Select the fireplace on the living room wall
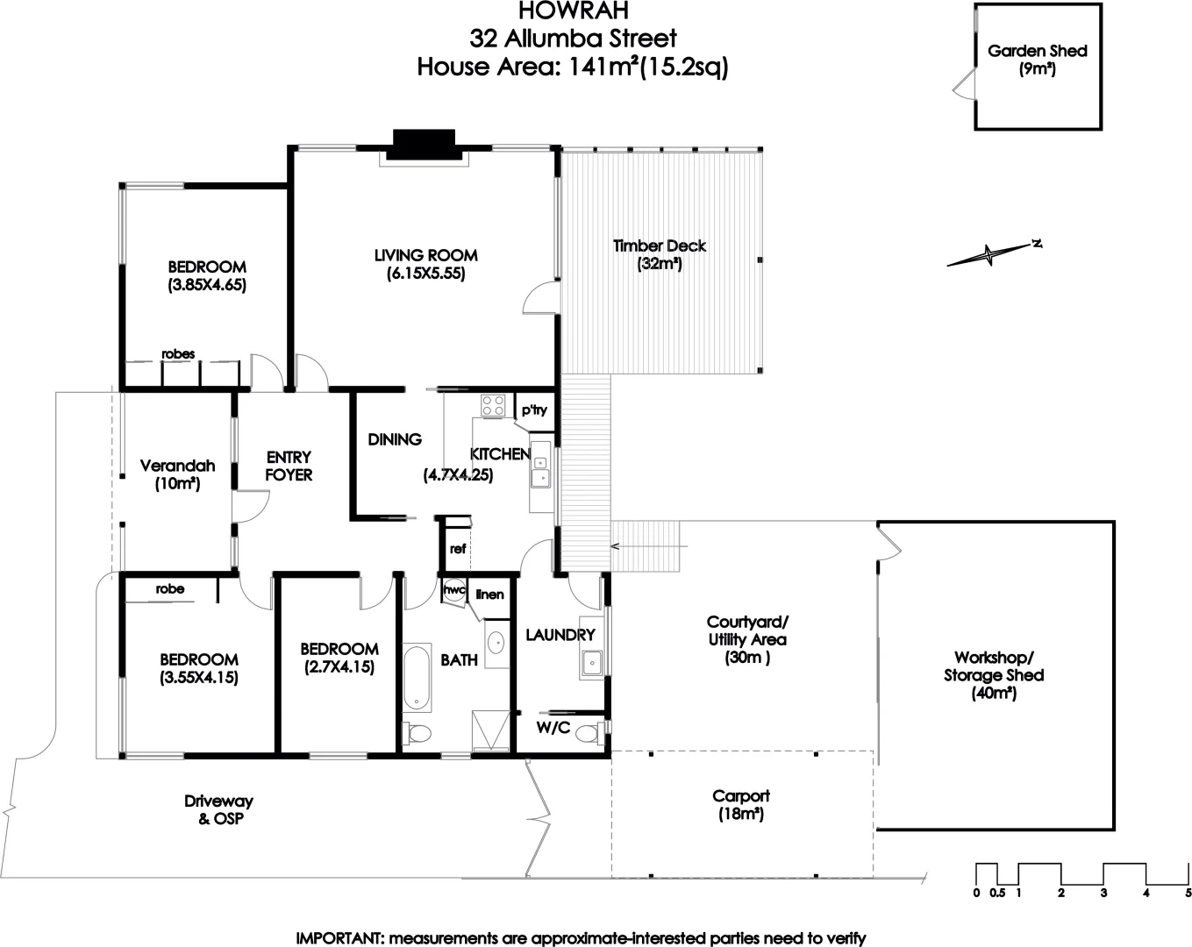coord(424,145)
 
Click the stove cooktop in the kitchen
coord(493,405)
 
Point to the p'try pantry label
coord(533,409)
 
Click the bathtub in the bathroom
coord(417,678)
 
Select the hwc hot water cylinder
coord(453,590)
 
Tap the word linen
coord(489,595)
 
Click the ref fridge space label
coord(458,550)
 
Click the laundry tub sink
coord(592,664)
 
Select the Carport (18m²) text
coord(741,805)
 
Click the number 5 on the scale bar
coord(1188,894)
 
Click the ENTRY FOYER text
coord(289,466)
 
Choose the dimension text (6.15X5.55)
coord(425,274)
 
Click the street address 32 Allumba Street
coord(574,39)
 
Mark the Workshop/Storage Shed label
coord(993,675)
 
